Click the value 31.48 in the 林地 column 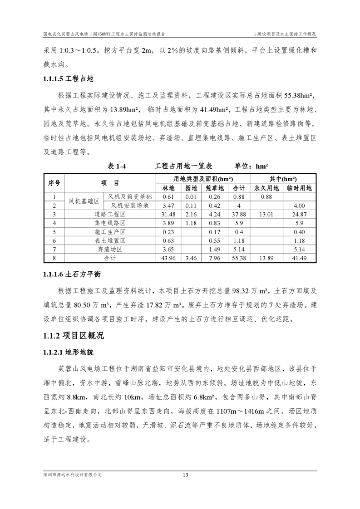tap(168, 214)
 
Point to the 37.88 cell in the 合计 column tap(239, 214)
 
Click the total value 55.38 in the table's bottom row tap(239, 258)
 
